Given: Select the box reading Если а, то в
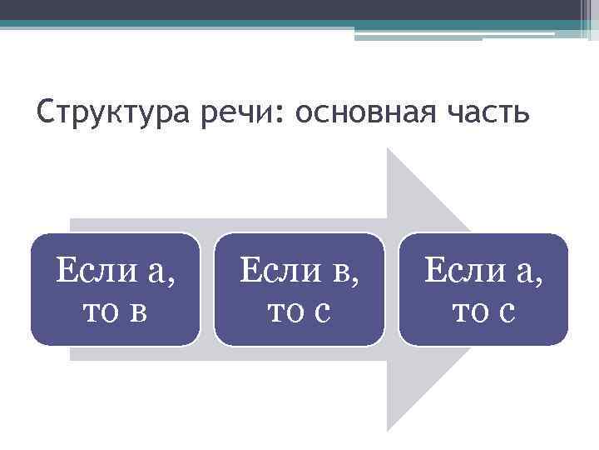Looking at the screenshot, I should [116, 289].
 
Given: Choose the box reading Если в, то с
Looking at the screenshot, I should [299, 289].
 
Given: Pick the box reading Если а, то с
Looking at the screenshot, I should [483, 289].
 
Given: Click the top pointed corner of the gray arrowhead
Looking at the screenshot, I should [389, 151].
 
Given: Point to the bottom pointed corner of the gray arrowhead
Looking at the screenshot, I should [389, 428].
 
